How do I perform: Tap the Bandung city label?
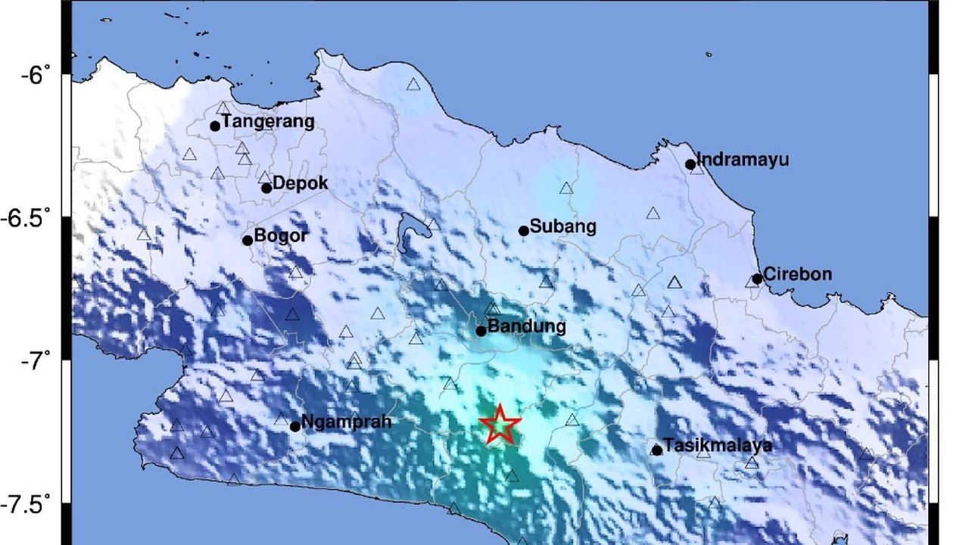coord(527,327)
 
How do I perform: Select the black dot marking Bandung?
coord(481,331)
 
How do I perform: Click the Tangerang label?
coord(268,122)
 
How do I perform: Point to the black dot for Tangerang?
coord(215,126)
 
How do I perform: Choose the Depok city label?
coord(300,183)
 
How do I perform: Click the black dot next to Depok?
coord(266,188)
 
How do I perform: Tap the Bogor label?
coord(281,235)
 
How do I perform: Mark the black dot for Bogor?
coord(248,241)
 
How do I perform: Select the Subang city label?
coord(562,226)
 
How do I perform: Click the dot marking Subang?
coord(523,231)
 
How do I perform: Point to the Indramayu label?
coord(742,160)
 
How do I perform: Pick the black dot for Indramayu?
coord(690,164)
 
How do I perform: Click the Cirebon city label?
coord(797,274)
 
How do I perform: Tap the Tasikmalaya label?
coord(717,445)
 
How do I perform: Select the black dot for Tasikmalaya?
coord(657,450)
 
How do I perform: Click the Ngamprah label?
coord(346,422)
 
